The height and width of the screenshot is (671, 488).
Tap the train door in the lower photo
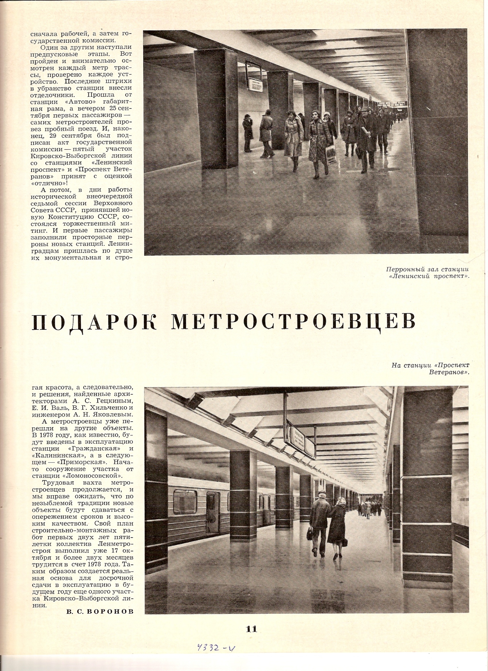coord(213,514)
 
